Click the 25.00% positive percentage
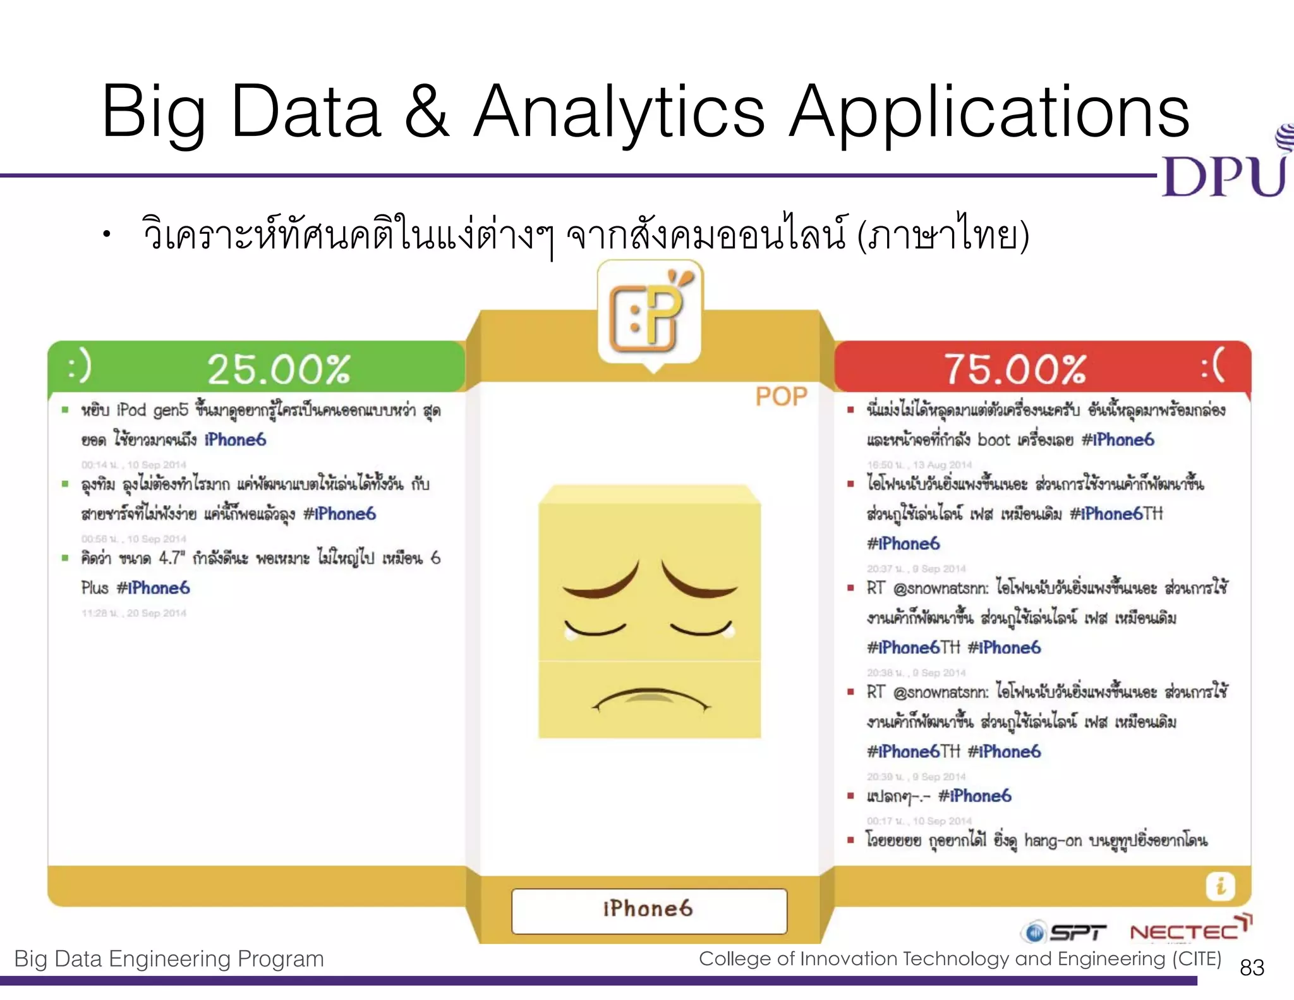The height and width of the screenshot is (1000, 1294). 278,369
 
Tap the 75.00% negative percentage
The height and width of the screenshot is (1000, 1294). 1015,369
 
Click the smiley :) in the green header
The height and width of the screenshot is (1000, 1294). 80,367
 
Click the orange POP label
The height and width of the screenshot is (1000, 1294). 781,397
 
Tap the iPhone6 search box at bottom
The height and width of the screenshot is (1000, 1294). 649,910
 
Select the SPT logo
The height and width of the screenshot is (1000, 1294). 1064,932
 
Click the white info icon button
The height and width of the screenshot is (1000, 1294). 1220,886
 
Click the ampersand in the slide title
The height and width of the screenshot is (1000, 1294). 427,113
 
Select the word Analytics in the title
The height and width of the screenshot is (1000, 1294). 619,113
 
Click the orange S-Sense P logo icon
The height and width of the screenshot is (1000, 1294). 650,315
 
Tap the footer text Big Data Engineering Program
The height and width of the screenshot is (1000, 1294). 169,959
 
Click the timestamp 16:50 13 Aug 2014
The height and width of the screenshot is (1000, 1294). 919,465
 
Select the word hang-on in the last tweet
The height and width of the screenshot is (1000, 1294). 1053,841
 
